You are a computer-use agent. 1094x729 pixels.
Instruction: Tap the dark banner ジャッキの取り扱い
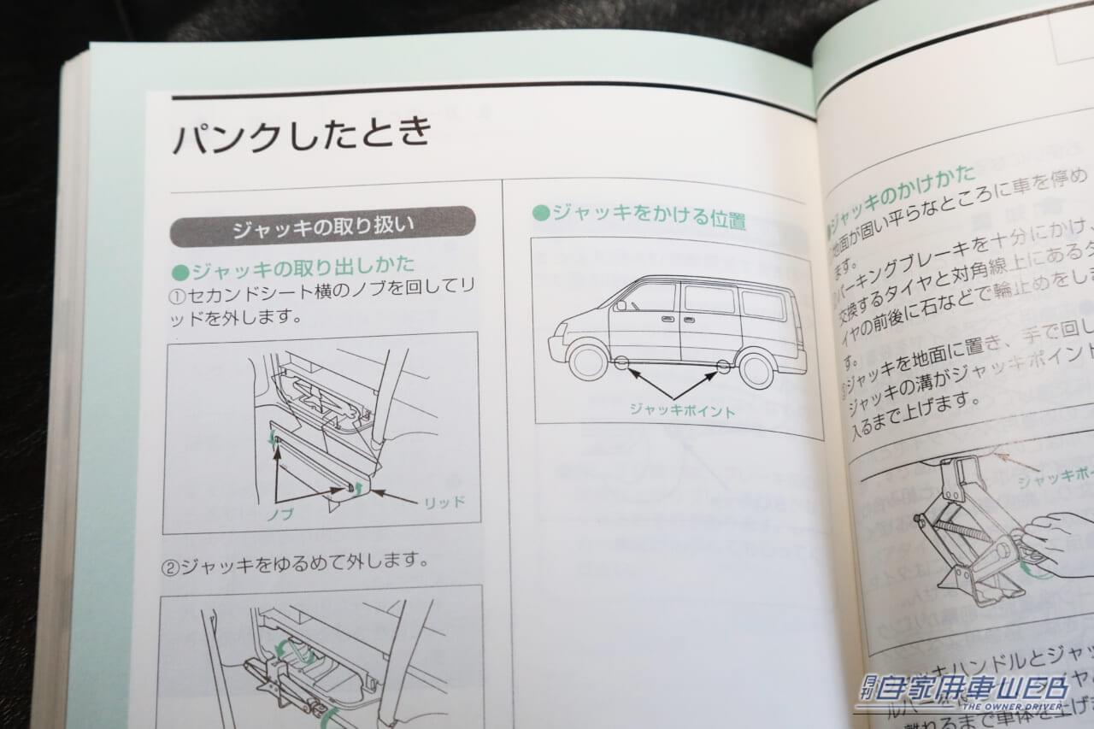click(x=322, y=227)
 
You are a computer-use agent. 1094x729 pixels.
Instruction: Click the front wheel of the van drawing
click(x=588, y=360)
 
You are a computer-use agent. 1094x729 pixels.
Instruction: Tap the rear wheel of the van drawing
click(x=756, y=369)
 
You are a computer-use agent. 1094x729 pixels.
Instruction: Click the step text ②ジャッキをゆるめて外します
click(x=294, y=562)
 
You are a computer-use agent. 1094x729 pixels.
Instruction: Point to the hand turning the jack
click(x=1061, y=538)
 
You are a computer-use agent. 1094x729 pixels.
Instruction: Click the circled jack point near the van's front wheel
click(x=623, y=366)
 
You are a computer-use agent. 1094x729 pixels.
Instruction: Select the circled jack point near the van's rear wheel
click(x=723, y=368)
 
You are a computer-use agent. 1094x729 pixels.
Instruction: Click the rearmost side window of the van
click(x=762, y=305)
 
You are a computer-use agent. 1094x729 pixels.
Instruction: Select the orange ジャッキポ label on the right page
click(x=1055, y=479)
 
